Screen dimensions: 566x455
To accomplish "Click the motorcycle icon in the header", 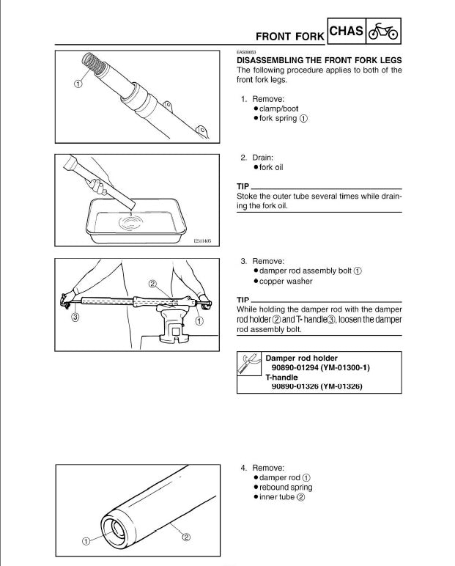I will click(x=383, y=33).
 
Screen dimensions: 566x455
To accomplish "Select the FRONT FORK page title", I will click(x=288, y=36).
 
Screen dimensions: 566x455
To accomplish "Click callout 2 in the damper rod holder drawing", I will click(x=152, y=283).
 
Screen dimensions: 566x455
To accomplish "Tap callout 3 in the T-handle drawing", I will click(x=75, y=317).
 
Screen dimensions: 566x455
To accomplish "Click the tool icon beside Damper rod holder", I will click(x=249, y=364).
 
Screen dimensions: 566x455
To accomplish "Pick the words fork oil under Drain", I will click(x=270, y=167).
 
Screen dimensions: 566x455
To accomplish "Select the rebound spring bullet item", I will click(x=285, y=487).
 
